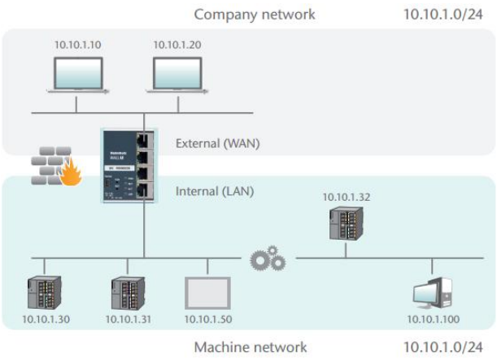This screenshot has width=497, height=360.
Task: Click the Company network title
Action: tap(255, 14)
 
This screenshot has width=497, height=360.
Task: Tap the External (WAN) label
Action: tap(214, 144)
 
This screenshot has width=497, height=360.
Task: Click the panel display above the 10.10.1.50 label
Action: tap(208, 292)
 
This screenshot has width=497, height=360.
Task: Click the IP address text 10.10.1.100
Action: tap(431, 319)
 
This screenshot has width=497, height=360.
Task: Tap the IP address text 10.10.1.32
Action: tap(346, 196)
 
